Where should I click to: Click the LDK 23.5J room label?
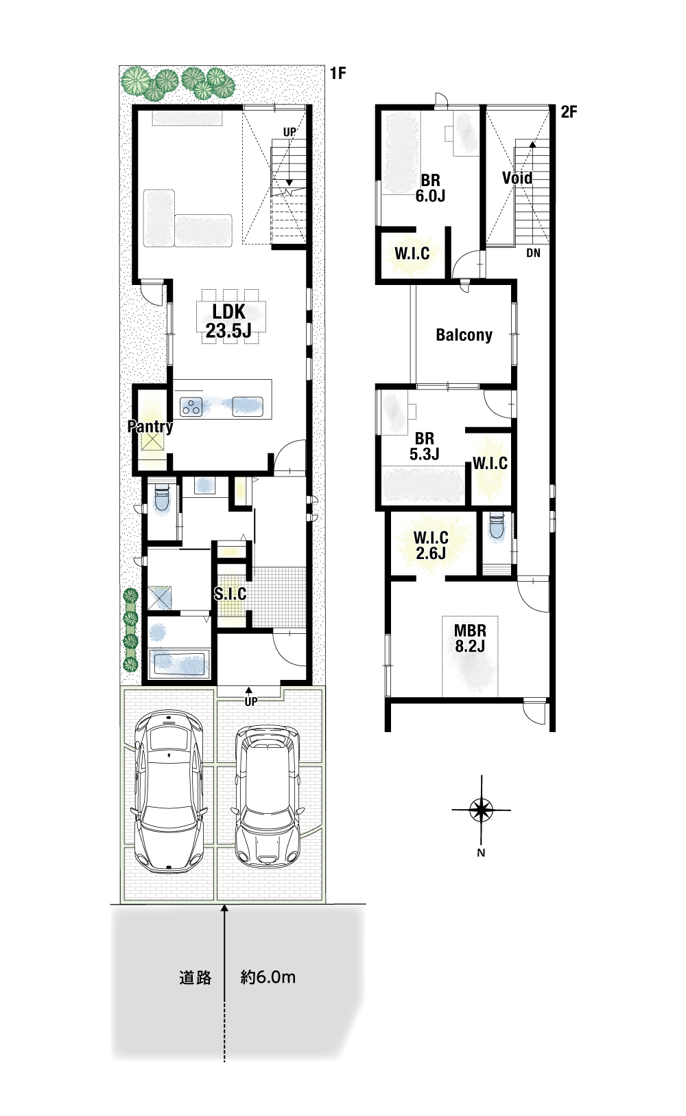[x=228, y=321]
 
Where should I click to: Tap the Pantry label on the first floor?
[x=150, y=426]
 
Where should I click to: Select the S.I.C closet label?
[x=230, y=593]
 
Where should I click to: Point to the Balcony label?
[x=464, y=335]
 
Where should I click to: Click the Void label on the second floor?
[x=517, y=178]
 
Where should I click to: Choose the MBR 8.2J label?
[x=470, y=638]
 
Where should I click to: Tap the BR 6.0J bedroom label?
[x=430, y=187]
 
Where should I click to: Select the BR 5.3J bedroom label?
[x=424, y=446]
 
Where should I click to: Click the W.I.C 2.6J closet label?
[x=431, y=545]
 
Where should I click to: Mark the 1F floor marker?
[x=338, y=73]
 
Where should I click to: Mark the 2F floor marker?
[x=569, y=112]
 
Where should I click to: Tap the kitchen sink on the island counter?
[x=248, y=406]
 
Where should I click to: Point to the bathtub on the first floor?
[x=179, y=663]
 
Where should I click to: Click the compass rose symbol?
[x=481, y=810]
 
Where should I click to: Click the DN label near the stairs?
[x=533, y=253]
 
